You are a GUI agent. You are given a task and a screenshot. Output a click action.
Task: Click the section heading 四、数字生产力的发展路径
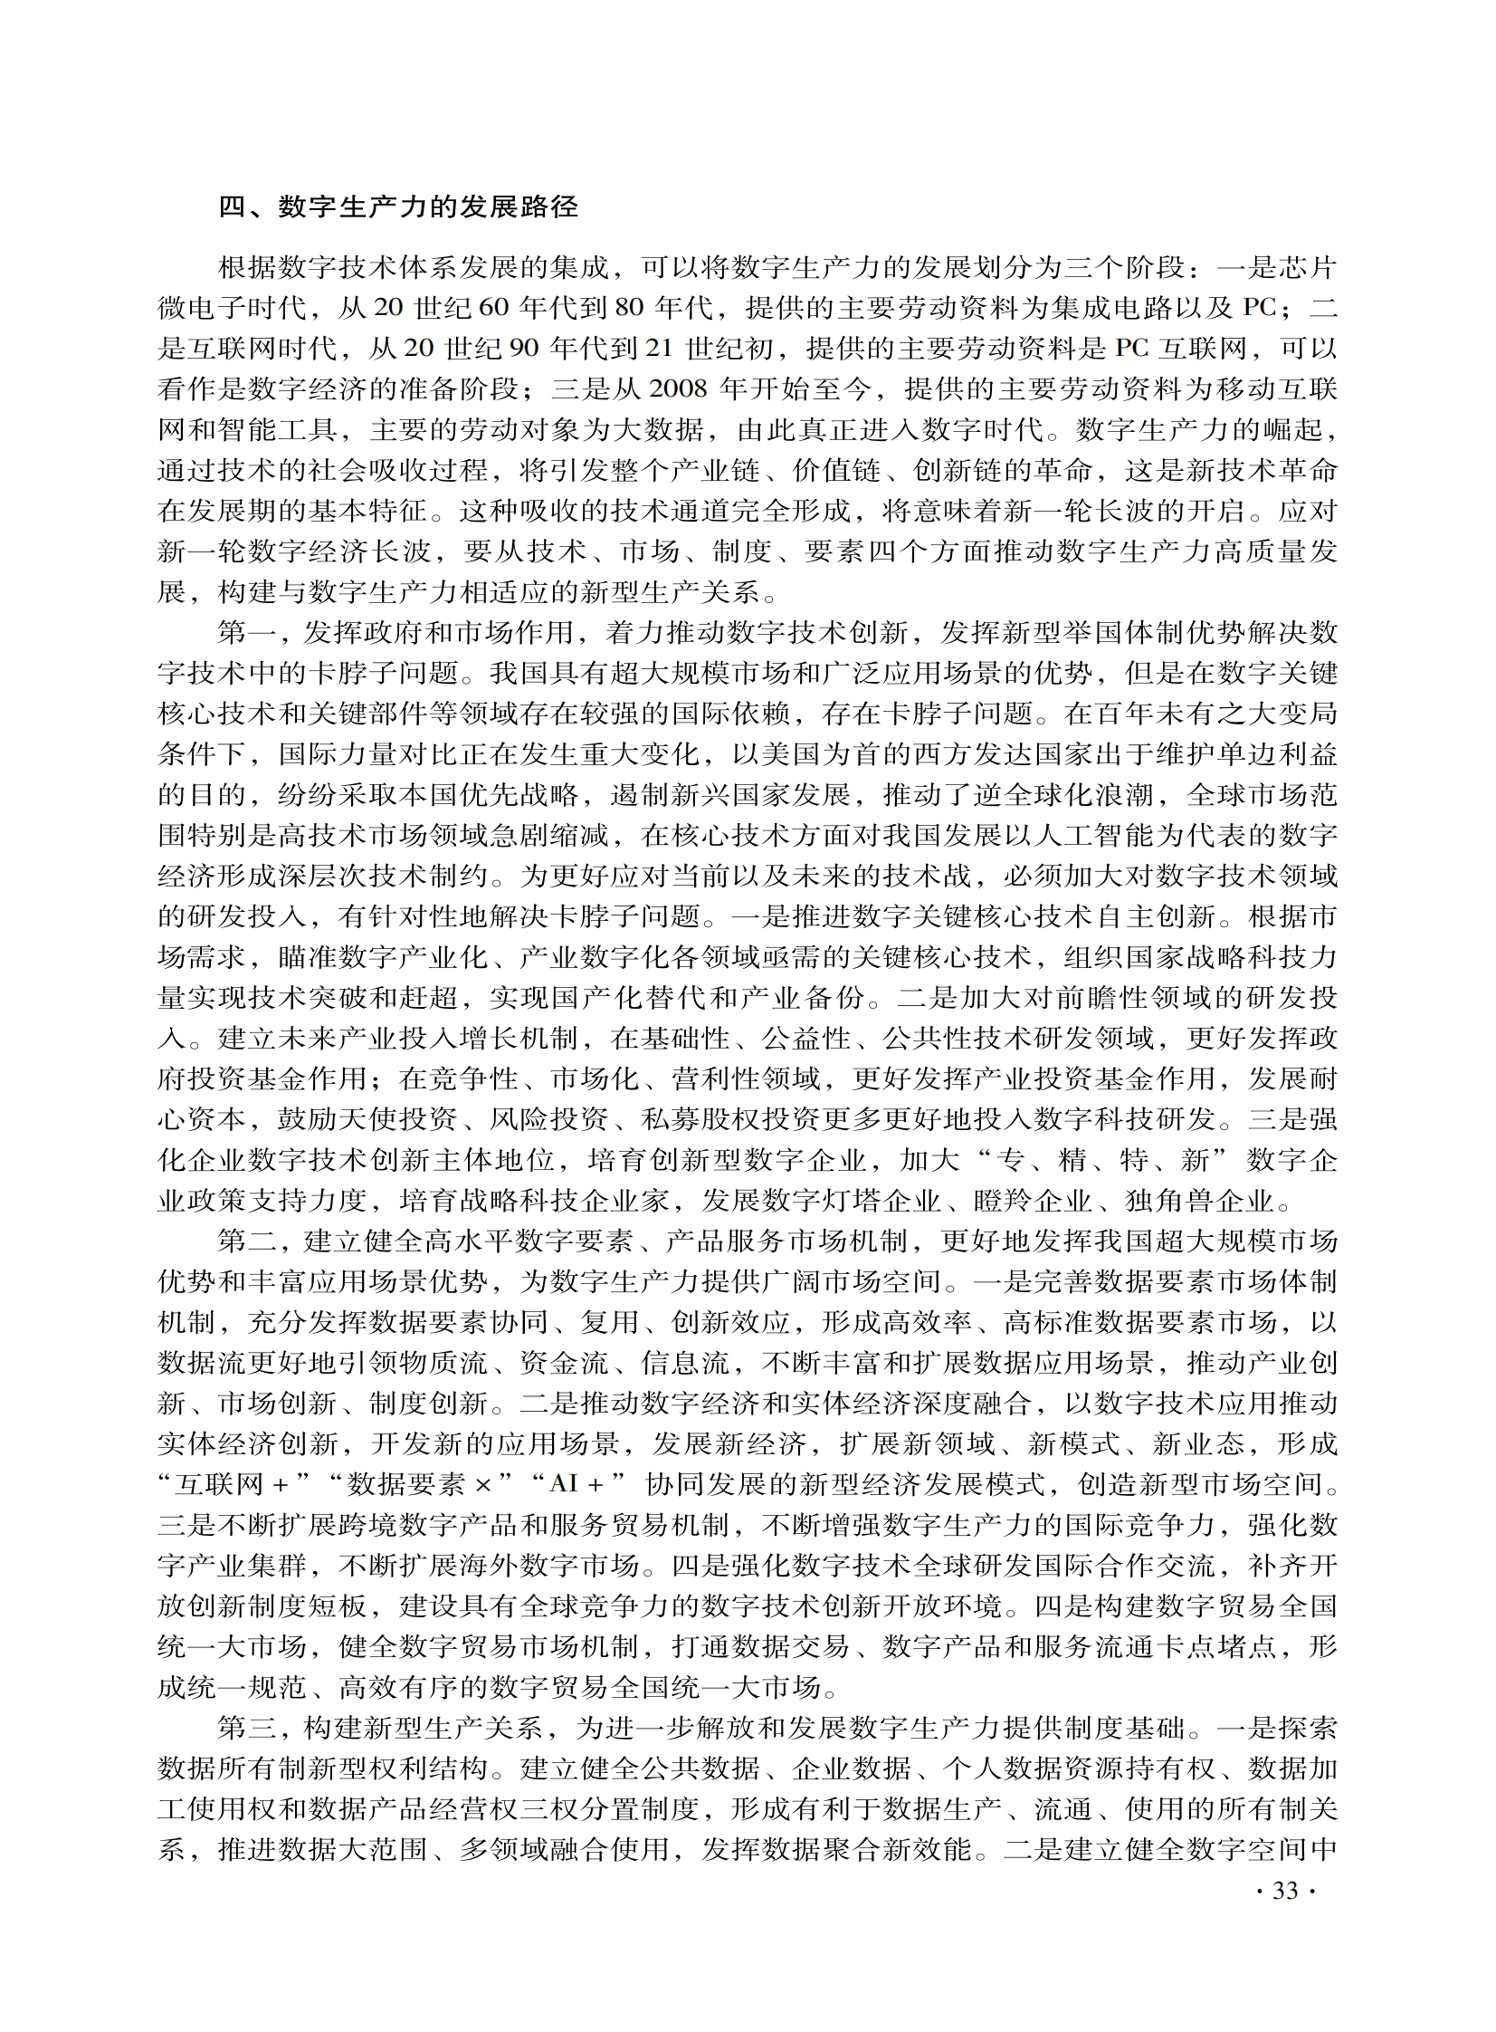point(398,207)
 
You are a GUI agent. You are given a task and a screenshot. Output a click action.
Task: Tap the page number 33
point(1286,1892)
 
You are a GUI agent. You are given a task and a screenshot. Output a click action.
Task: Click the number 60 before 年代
point(494,308)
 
